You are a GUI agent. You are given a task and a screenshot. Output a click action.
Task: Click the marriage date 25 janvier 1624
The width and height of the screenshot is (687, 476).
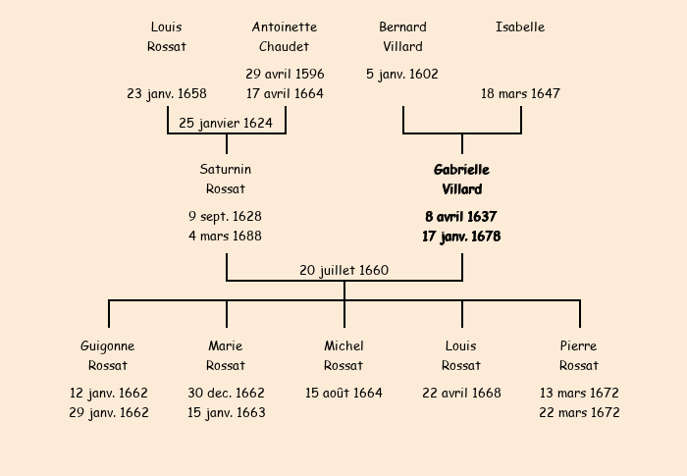point(226,124)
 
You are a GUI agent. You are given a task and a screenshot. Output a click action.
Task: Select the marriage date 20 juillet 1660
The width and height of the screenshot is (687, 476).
point(343,271)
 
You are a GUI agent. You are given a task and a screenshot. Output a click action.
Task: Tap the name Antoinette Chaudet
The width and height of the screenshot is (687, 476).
point(285,37)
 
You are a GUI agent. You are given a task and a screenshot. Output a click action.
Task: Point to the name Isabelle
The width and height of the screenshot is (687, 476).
point(520,27)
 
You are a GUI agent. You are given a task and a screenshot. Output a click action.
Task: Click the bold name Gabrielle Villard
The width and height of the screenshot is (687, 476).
point(461,180)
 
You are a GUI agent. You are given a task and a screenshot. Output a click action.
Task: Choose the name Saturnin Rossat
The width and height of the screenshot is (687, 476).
point(226,180)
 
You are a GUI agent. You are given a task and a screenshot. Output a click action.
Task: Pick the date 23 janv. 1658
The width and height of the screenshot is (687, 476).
point(167,94)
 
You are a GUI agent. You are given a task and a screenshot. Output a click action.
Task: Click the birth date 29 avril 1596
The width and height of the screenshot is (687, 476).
point(285,75)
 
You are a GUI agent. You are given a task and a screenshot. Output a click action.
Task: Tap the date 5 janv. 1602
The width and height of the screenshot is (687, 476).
point(402,75)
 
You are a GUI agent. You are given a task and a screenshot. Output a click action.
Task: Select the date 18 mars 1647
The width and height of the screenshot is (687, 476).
point(520,94)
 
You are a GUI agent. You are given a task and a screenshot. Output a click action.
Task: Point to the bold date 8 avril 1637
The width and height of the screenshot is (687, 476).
point(461,217)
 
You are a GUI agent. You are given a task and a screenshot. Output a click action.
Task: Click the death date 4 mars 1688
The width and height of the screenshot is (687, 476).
point(226,237)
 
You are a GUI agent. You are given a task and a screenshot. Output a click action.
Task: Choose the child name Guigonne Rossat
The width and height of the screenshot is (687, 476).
point(108,356)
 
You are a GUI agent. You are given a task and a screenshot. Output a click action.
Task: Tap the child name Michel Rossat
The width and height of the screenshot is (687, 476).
point(343,356)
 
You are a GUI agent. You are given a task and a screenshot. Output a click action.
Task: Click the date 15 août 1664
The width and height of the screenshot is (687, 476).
point(343,394)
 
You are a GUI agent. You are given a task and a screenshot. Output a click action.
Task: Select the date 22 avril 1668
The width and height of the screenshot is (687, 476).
point(461,394)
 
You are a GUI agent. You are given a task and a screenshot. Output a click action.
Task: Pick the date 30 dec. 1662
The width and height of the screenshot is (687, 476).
point(226,394)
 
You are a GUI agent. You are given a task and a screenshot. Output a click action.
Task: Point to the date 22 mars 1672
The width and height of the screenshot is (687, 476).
point(579,413)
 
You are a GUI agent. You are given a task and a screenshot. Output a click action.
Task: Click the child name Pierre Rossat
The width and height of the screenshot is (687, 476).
point(579,356)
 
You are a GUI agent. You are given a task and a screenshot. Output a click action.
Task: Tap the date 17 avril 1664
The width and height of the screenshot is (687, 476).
point(285,94)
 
